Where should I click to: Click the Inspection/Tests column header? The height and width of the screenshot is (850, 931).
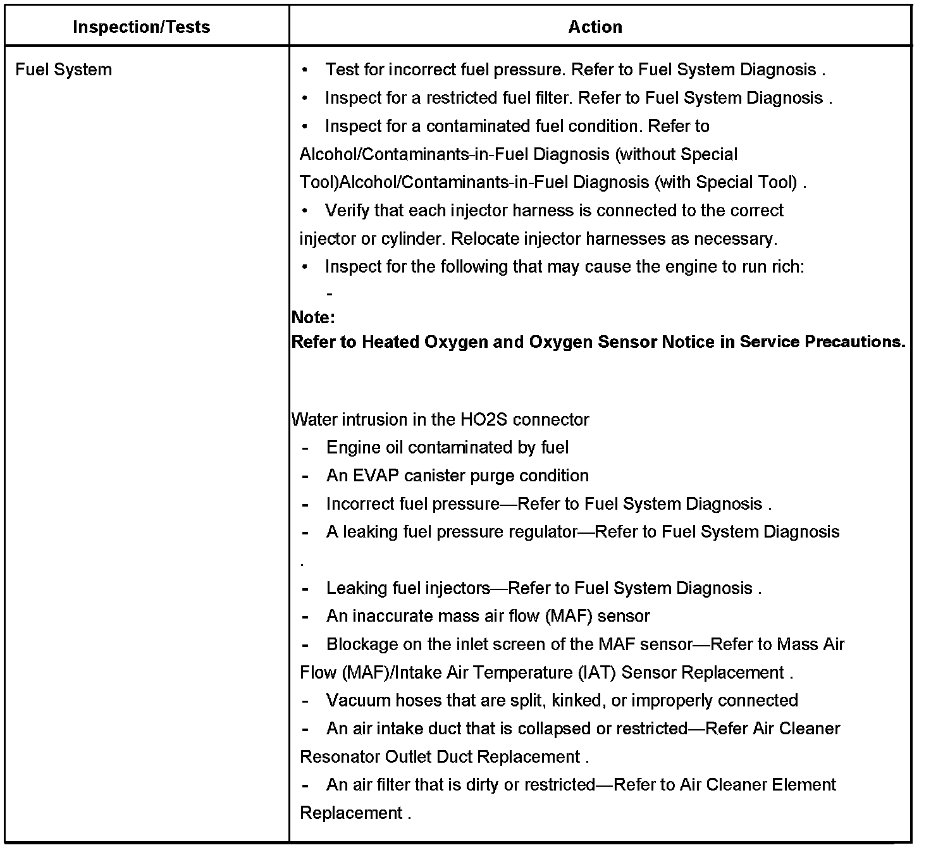click(142, 27)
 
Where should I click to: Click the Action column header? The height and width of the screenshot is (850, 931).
click(595, 27)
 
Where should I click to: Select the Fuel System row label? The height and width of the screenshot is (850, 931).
click(63, 70)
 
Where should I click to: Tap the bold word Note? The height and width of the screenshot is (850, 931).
click(314, 317)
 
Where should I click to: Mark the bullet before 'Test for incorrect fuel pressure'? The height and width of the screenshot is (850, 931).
click(305, 70)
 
